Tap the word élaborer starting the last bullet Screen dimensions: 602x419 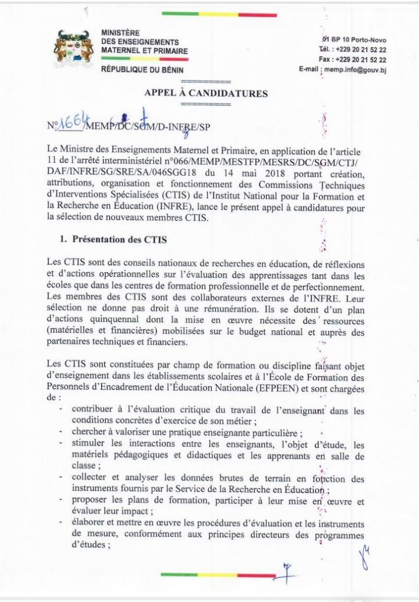[89, 523]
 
